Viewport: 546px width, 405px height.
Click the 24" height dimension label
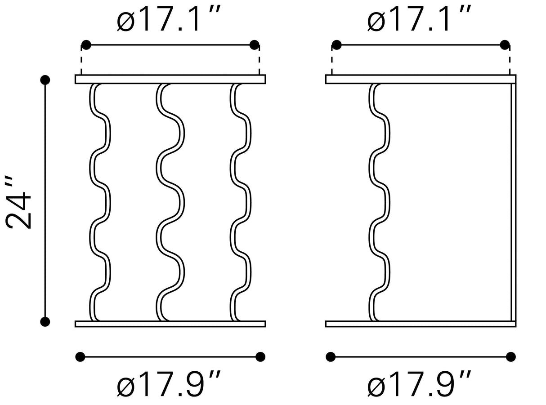point(18,202)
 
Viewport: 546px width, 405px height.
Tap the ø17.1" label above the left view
point(168,19)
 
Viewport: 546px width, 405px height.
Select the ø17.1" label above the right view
point(419,19)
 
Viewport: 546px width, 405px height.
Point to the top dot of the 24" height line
point(45,80)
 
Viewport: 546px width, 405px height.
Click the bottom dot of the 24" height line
point(45,321)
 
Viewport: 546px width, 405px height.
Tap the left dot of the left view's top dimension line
point(86,45)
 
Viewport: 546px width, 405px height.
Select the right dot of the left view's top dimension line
point(254,45)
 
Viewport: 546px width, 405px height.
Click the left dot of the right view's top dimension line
point(337,45)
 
